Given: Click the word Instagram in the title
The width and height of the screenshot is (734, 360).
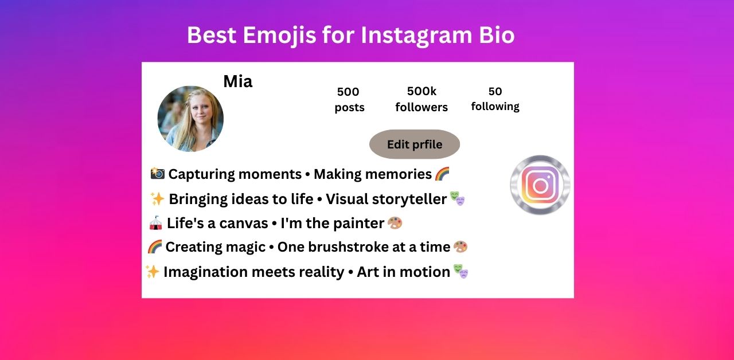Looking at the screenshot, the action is pyautogui.click(x=416, y=36).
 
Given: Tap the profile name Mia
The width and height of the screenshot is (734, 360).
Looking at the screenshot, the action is pyautogui.click(x=238, y=81).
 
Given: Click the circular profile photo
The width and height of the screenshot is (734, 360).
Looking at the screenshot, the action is pyautogui.click(x=190, y=119).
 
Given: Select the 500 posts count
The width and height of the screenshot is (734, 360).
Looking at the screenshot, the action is pyautogui.click(x=349, y=100).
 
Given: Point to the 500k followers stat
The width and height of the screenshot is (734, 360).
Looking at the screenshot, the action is pyautogui.click(x=421, y=99).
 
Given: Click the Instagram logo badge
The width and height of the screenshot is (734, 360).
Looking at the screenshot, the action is pyautogui.click(x=540, y=185).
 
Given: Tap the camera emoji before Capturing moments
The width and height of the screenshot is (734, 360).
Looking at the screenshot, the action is pyautogui.click(x=157, y=174).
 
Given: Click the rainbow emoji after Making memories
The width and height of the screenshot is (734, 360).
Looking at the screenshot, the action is pyautogui.click(x=442, y=174).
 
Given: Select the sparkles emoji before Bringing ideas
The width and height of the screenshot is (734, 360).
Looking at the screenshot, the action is pyautogui.click(x=157, y=199).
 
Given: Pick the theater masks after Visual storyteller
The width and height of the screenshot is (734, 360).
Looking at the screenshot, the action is pyautogui.click(x=457, y=198).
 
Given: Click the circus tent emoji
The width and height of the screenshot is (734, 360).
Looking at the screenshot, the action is pyautogui.click(x=155, y=223).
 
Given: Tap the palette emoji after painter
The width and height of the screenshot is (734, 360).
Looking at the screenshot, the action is pyautogui.click(x=395, y=223).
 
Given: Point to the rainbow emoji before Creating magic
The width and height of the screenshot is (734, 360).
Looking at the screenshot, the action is pyautogui.click(x=155, y=246).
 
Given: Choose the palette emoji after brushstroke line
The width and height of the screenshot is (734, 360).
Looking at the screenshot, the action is pyautogui.click(x=460, y=246).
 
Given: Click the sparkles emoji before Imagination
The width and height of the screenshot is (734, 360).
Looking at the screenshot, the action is pyautogui.click(x=153, y=272).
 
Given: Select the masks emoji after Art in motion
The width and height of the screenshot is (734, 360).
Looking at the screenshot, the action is pyautogui.click(x=460, y=271).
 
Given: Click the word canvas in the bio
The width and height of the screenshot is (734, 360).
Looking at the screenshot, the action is pyautogui.click(x=244, y=224).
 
